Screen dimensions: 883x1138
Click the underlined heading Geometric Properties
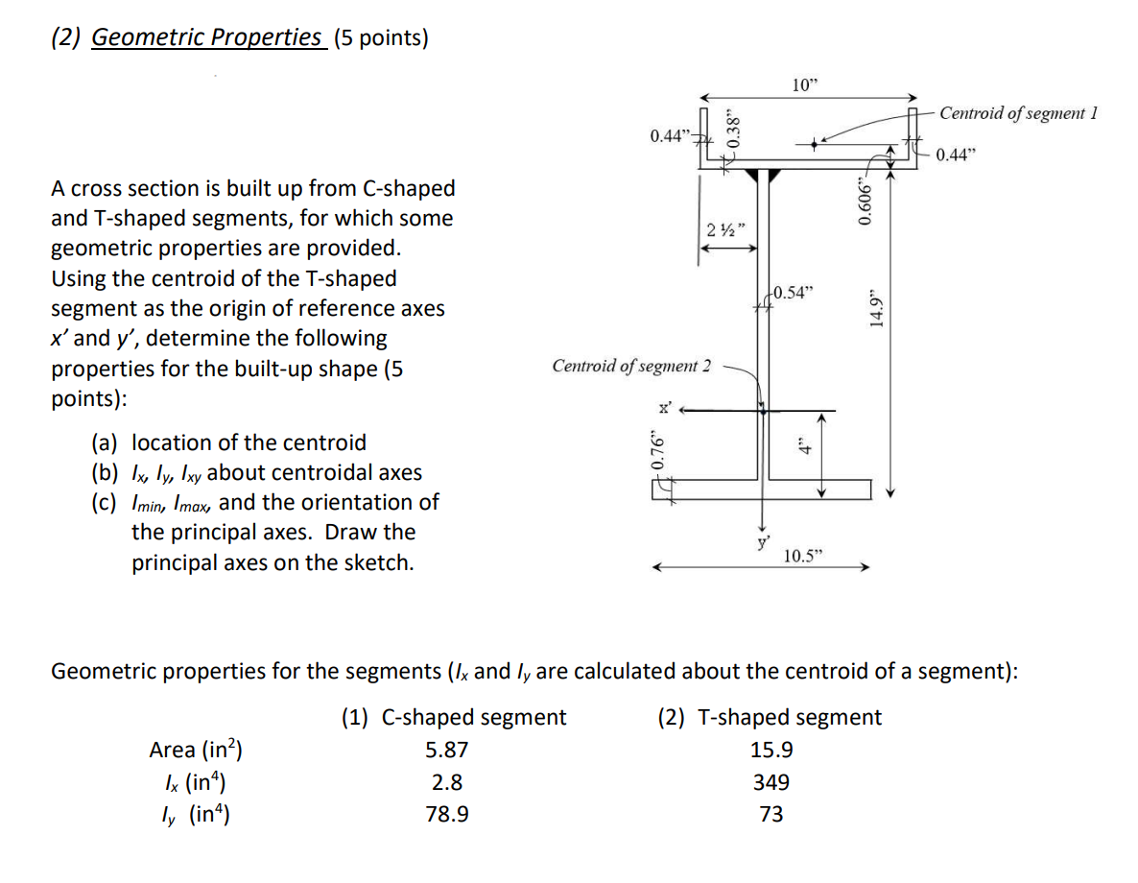coord(206,37)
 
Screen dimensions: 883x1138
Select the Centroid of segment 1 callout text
coord(1017,113)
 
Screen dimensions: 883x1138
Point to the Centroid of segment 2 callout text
coord(631,366)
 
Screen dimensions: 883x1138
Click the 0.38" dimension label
coord(734,129)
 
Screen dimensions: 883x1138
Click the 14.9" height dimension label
coord(875,308)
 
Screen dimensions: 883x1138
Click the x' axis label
coord(663,407)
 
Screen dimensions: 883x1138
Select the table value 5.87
coord(447,750)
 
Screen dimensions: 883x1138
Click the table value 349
coord(771,782)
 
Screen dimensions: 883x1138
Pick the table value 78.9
coord(447,815)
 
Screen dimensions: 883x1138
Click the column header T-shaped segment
coord(770,717)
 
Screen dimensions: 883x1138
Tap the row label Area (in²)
coord(196,750)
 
